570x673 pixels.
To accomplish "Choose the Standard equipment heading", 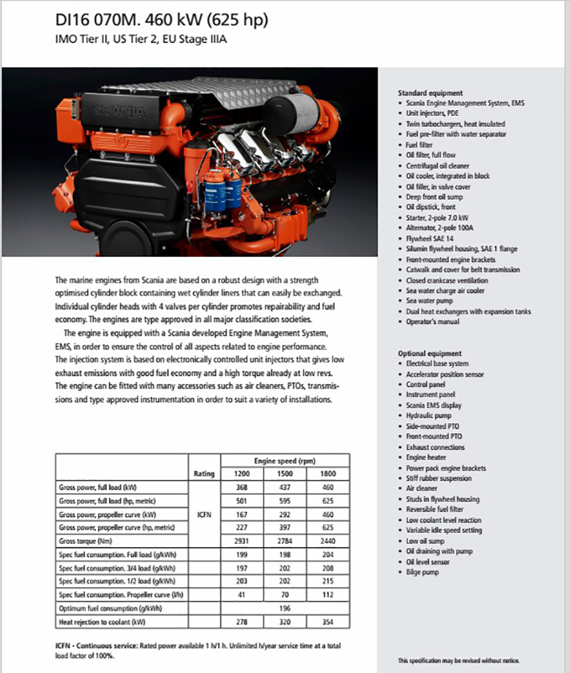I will (x=431, y=93).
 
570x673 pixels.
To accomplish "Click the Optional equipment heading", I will (x=430, y=354).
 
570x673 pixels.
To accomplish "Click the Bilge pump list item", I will (x=422, y=572).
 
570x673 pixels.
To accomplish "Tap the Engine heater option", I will (x=426, y=457).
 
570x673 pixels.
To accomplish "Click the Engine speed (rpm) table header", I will (x=284, y=461).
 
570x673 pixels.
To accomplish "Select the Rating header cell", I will (x=205, y=474).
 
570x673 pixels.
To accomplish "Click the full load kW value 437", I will (x=284, y=487).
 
